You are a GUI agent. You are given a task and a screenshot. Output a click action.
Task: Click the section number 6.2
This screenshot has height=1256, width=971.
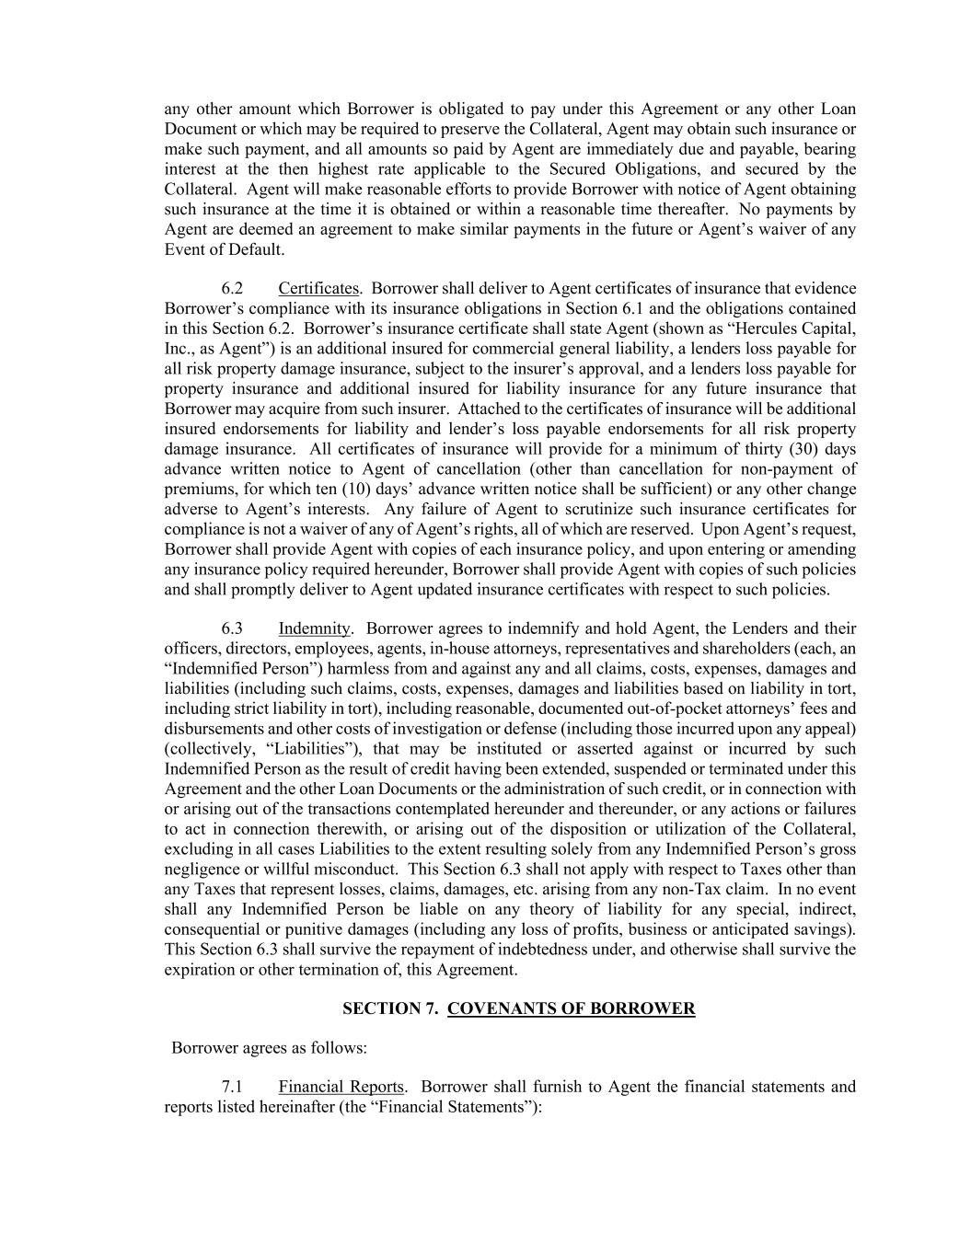coord(232,289)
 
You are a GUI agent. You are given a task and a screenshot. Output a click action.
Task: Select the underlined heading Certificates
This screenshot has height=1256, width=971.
coord(318,289)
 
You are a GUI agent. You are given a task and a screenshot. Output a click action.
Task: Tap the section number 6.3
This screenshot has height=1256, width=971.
coord(232,628)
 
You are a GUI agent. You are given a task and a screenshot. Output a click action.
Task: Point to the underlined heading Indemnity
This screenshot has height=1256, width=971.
coord(314,628)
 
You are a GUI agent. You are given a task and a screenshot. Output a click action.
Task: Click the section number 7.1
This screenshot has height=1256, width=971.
coord(232,1087)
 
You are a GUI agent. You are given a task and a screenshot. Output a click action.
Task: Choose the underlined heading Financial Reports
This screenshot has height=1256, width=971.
coord(341,1087)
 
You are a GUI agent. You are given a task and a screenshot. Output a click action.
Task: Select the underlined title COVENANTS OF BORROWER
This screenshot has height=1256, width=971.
coord(571,1008)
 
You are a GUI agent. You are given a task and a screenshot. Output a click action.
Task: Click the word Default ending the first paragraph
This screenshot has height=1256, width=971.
coord(257,249)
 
